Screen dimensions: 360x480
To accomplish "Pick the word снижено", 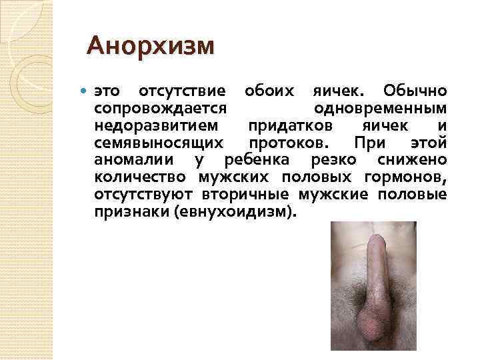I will (x=412, y=161).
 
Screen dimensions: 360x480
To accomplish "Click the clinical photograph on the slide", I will (x=373, y=286).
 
